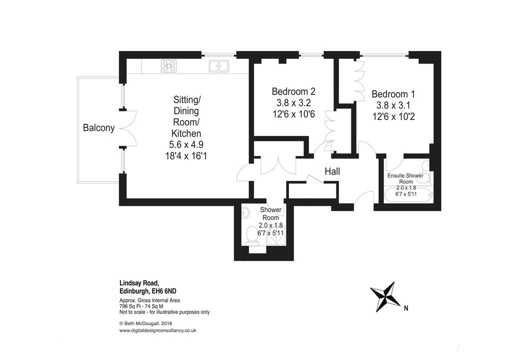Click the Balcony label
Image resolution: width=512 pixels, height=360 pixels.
[98, 127]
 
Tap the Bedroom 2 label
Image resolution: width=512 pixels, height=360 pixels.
[293, 91]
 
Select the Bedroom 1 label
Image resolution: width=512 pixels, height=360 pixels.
[393, 94]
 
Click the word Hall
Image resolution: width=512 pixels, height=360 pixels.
[332, 171]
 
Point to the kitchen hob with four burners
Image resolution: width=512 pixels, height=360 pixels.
[169, 66]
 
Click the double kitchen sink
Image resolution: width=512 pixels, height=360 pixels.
[219, 66]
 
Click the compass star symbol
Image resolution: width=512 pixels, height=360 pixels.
[385, 296]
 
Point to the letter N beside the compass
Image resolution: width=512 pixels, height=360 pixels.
[406, 307]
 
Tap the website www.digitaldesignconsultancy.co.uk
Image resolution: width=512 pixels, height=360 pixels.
[157, 330]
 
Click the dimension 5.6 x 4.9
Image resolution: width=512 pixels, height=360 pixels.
[186, 144]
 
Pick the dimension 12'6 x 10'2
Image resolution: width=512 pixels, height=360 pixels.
[393, 116]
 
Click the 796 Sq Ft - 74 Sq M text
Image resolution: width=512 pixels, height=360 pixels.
[141, 306]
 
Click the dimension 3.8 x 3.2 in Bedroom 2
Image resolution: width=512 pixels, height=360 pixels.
[293, 103]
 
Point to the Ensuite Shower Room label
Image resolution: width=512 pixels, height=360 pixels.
[405, 178]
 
